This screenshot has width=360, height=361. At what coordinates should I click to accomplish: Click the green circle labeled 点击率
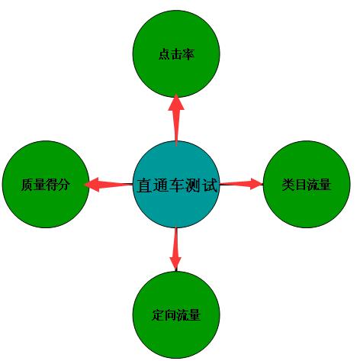click(176, 54)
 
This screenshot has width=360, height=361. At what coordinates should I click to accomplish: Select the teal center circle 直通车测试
click(176, 185)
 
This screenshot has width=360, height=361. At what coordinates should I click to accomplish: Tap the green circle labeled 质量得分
click(46, 184)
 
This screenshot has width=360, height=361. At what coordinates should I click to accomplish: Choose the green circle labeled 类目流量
click(307, 184)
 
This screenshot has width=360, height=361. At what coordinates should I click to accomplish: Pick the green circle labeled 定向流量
click(176, 315)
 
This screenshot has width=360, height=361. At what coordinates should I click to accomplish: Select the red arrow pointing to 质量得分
click(108, 184)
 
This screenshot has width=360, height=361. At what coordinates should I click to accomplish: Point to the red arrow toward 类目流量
click(241, 184)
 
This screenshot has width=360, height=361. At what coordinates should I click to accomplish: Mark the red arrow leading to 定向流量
click(175, 249)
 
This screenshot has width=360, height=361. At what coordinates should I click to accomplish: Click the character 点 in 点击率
click(165, 54)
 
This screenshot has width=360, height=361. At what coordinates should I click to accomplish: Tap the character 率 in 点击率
click(188, 54)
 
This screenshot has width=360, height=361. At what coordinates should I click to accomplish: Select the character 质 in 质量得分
click(27, 185)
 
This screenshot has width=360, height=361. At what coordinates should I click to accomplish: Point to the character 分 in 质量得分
click(63, 185)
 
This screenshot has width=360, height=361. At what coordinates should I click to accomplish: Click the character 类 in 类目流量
click(288, 185)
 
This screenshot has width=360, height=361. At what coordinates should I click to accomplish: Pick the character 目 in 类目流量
click(301, 185)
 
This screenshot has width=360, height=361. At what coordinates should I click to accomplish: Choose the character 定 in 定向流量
click(158, 315)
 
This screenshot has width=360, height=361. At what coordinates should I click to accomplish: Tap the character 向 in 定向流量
click(170, 315)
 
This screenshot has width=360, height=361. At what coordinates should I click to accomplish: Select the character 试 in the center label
click(210, 185)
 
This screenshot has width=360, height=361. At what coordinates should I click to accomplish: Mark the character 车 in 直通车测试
click(177, 185)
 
